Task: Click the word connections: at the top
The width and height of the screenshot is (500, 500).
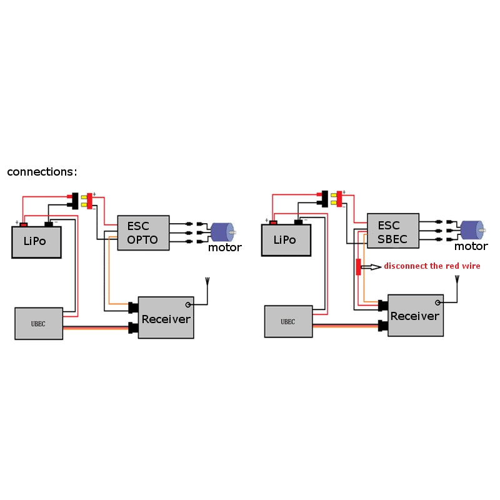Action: tap(42, 172)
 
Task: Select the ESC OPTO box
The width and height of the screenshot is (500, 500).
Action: tap(142, 233)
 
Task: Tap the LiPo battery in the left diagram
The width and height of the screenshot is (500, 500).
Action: tap(36, 242)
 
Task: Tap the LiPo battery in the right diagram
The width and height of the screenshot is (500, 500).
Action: tap(286, 240)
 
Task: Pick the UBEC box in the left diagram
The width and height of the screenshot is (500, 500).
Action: tap(39, 323)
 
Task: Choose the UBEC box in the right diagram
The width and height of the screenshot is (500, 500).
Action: tap(288, 321)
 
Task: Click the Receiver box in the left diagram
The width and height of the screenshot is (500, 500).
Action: tap(166, 317)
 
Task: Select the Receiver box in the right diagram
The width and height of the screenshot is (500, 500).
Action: tap(415, 315)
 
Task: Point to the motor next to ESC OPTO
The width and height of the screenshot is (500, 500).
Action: tap(221, 232)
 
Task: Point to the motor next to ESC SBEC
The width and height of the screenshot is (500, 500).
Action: tap(471, 229)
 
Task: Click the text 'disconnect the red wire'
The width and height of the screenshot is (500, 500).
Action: tap(432, 266)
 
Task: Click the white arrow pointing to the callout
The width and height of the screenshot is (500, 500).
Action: tap(371, 267)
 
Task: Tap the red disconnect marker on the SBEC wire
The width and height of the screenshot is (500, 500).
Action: tap(358, 267)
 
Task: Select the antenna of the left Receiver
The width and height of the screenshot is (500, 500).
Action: tap(207, 282)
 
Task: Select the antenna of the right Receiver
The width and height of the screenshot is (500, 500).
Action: tap(457, 279)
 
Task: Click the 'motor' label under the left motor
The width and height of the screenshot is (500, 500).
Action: tap(224, 248)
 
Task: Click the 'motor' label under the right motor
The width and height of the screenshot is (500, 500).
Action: tap(471, 246)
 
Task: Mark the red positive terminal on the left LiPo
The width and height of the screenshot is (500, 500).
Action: tap(24, 224)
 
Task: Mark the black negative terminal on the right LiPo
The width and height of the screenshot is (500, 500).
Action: tap(298, 222)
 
